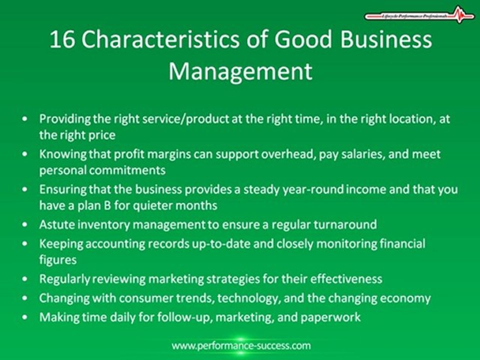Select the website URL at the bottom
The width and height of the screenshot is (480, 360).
coord(241,345)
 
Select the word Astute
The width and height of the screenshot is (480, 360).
coord(54,224)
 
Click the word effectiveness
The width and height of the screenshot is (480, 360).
coord(337,278)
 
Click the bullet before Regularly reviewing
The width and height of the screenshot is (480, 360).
coord(25,279)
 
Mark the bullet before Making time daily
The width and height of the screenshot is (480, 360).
coord(25,317)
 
